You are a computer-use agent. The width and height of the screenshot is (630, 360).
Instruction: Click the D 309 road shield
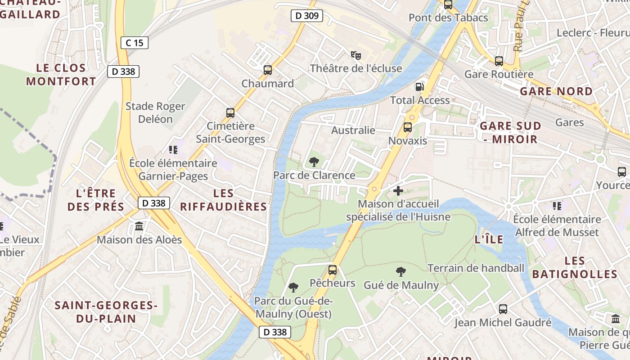click(306, 16)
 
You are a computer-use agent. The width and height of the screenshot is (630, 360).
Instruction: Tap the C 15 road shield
click(134, 43)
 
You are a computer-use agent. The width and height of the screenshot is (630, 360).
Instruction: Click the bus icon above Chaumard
click(268, 70)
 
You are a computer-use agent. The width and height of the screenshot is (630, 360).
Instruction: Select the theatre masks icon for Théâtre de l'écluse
click(356, 55)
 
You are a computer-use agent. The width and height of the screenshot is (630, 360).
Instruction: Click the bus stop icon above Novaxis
click(408, 127)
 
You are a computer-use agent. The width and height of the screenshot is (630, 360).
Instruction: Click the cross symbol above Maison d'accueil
click(398, 191)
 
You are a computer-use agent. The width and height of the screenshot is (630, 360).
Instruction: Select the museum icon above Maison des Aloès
click(139, 226)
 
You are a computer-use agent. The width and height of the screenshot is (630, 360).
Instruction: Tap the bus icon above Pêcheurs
click(333, 270)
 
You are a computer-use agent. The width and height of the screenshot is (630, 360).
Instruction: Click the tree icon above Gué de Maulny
click(401, 272)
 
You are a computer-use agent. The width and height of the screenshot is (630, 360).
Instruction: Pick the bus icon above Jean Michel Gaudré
click(503, 309)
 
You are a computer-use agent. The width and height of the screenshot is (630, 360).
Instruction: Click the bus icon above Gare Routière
click(499, 61)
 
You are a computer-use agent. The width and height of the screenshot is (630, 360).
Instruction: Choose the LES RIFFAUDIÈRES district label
click(224, 200)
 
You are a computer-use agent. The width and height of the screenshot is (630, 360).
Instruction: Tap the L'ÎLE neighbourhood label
click(489, 239)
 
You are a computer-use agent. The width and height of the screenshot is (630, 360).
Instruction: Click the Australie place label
click(353, 130)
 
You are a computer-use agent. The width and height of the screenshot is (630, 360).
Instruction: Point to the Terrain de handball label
click(476, 268)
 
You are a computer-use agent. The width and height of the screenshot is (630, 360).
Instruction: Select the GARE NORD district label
click(556, 91)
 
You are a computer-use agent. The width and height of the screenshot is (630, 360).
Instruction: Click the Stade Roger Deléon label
click(155, 112)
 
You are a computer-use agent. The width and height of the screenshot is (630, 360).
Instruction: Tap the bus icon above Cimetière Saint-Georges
click(230, 113)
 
